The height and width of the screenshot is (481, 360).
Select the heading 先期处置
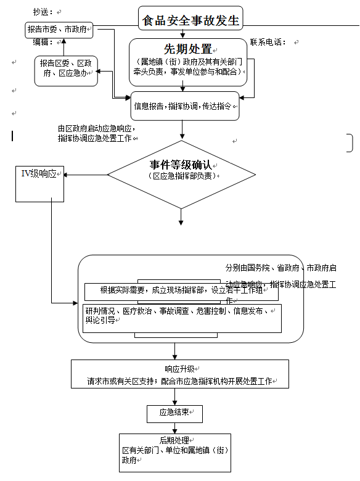click(x=187, y=49)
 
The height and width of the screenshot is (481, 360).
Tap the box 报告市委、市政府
click(x=60, y=29)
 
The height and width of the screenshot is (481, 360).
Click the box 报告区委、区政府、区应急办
click(x=67, y=68)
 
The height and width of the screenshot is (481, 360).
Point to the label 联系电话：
click(x=268, y=42)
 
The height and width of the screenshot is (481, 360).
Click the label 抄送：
click(x=46, y=12)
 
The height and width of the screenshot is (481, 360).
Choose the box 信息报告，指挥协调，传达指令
click(x=183, y=106)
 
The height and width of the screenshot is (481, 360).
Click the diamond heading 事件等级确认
click(x=181, y=165)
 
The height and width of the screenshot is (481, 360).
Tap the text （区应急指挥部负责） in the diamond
click(x=181, y=176)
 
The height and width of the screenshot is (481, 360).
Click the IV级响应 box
click(x=39, y=175)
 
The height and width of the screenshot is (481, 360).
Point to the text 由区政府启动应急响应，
click(x=96, y=128)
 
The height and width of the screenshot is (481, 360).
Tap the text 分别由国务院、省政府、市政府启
click(x=280, y=268)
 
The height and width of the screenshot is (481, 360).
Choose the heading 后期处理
click(x=173, y=440)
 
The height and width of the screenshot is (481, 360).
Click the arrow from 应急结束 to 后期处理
click(x=174, y=427)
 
